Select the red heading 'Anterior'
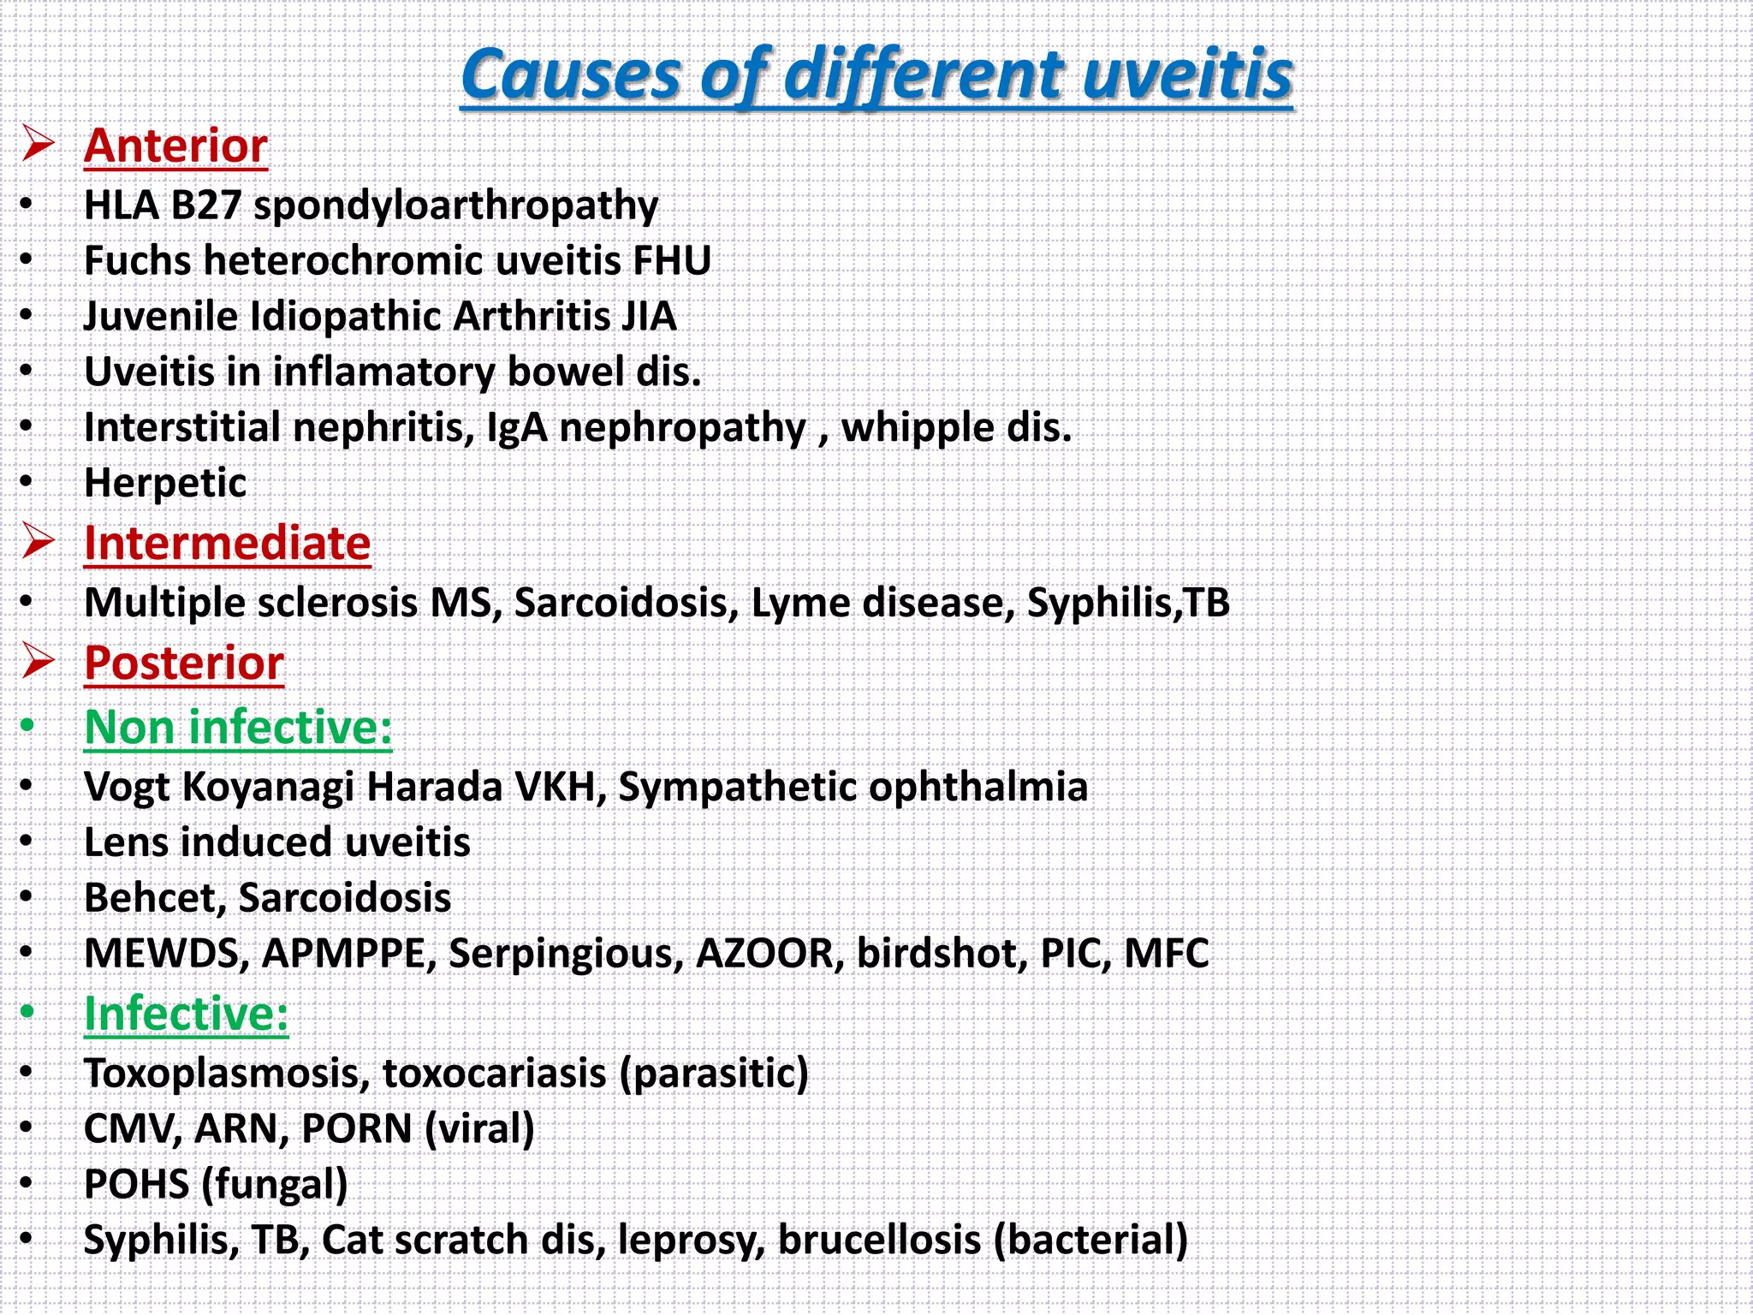175,146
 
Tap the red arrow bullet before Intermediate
39,542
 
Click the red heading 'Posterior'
184,663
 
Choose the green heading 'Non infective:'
238,728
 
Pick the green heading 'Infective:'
186,1014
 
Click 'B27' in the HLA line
205,205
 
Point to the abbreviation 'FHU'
672,261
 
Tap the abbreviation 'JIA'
648,317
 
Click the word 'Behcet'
155,898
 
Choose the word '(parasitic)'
714,1074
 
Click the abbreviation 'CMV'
133,1129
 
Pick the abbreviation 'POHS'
136,1185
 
